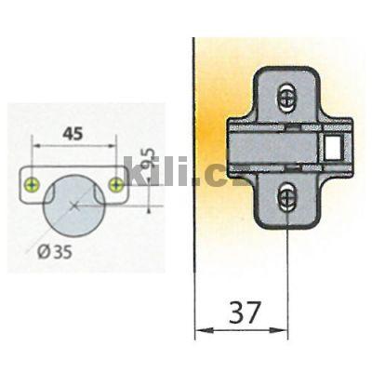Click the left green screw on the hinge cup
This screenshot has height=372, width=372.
33,185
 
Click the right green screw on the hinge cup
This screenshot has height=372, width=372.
116,185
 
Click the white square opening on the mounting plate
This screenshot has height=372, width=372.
331,145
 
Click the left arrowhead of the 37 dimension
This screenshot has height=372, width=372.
199,331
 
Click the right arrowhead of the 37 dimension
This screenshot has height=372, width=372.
284,331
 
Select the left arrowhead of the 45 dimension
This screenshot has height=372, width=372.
36,146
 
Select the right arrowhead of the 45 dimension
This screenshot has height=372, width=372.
113,146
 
